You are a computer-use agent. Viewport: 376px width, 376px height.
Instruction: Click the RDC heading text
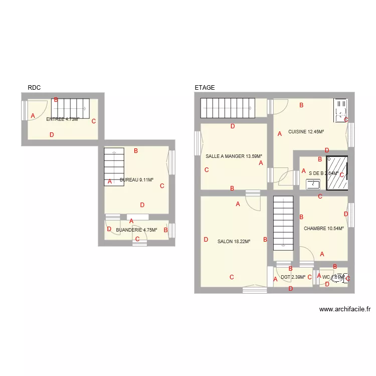[x=34, y=88]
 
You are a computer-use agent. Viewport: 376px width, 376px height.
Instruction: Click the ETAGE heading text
[x=205, y=88]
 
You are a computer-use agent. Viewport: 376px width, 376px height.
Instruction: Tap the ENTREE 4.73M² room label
[x=63, y=119]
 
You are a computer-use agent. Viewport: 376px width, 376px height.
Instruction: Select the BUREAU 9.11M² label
[x=136, y=179]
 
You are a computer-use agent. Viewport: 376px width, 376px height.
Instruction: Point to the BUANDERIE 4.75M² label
[x=136, y=230]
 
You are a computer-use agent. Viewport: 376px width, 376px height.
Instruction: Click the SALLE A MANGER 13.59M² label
[x=234, y=156]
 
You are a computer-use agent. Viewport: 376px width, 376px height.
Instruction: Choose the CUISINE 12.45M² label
[x=306, y=132]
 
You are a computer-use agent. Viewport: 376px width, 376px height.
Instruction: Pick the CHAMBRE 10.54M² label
[x=324, y=229]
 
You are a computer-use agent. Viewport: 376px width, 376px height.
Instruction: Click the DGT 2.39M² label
[x=293, y=277]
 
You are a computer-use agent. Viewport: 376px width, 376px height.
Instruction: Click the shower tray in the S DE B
[x=337, y=173]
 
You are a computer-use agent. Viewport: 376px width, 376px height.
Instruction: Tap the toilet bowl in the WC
[x=338, y=278]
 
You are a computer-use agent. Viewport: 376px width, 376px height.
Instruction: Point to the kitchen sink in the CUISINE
[x=340, y=110]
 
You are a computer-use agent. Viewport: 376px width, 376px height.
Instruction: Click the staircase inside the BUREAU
[x=114, y=166]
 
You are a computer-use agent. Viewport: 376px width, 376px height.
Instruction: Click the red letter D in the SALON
[x=206, y=240]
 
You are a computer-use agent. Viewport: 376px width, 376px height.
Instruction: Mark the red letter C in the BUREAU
[x=162, y=186]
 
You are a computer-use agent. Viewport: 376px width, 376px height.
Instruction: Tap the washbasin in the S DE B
[x=313, y=184]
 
